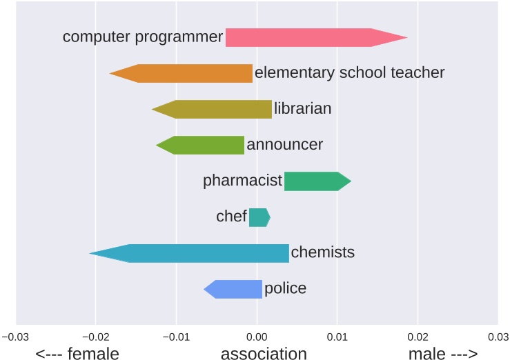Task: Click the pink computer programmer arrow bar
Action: (x=311, y=37)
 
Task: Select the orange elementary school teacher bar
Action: (x=186, y=73)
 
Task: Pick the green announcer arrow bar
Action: (x=204, y=145)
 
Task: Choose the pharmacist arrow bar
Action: (x=314, y=181)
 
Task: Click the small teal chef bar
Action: (x=259, y=217)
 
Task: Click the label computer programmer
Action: (x=143, y=37)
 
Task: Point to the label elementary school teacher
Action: (x=349, y=72)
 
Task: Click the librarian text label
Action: (x=302, y=108)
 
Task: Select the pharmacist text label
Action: (x=242, y=181)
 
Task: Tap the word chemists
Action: (x=322, y=252)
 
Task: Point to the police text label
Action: (x=285, y=288)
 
